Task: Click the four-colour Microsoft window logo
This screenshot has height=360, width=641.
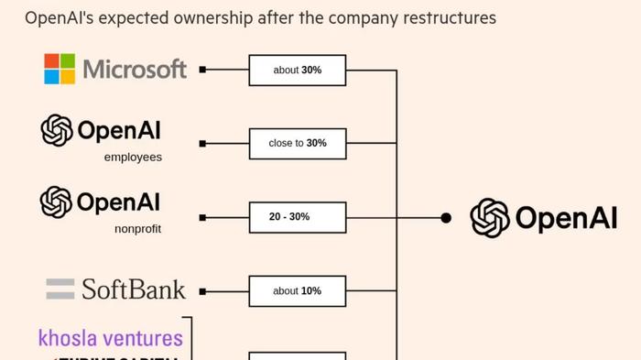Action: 60,69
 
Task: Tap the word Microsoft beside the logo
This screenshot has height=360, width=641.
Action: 135,70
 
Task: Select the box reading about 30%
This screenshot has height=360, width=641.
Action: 298,70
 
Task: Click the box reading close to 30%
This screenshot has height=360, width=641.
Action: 298,143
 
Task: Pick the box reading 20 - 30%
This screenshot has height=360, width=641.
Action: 298,217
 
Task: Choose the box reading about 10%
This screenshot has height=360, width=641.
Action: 298,290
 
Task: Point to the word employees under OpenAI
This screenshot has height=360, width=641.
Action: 133,158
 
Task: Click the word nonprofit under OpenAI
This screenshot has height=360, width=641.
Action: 137,229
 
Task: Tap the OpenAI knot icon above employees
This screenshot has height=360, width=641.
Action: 57,130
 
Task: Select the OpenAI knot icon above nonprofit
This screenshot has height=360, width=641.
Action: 57,202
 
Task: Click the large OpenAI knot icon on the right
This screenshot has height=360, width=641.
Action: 490,218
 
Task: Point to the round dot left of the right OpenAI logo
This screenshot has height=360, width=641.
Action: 446,218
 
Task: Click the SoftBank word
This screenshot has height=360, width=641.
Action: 134,290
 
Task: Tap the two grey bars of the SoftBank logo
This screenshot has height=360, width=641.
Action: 60,289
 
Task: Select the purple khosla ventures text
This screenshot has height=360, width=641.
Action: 111,338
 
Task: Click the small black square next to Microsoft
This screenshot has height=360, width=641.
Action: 202,70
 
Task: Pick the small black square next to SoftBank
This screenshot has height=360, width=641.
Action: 202,291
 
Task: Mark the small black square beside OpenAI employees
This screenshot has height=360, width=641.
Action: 202,144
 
